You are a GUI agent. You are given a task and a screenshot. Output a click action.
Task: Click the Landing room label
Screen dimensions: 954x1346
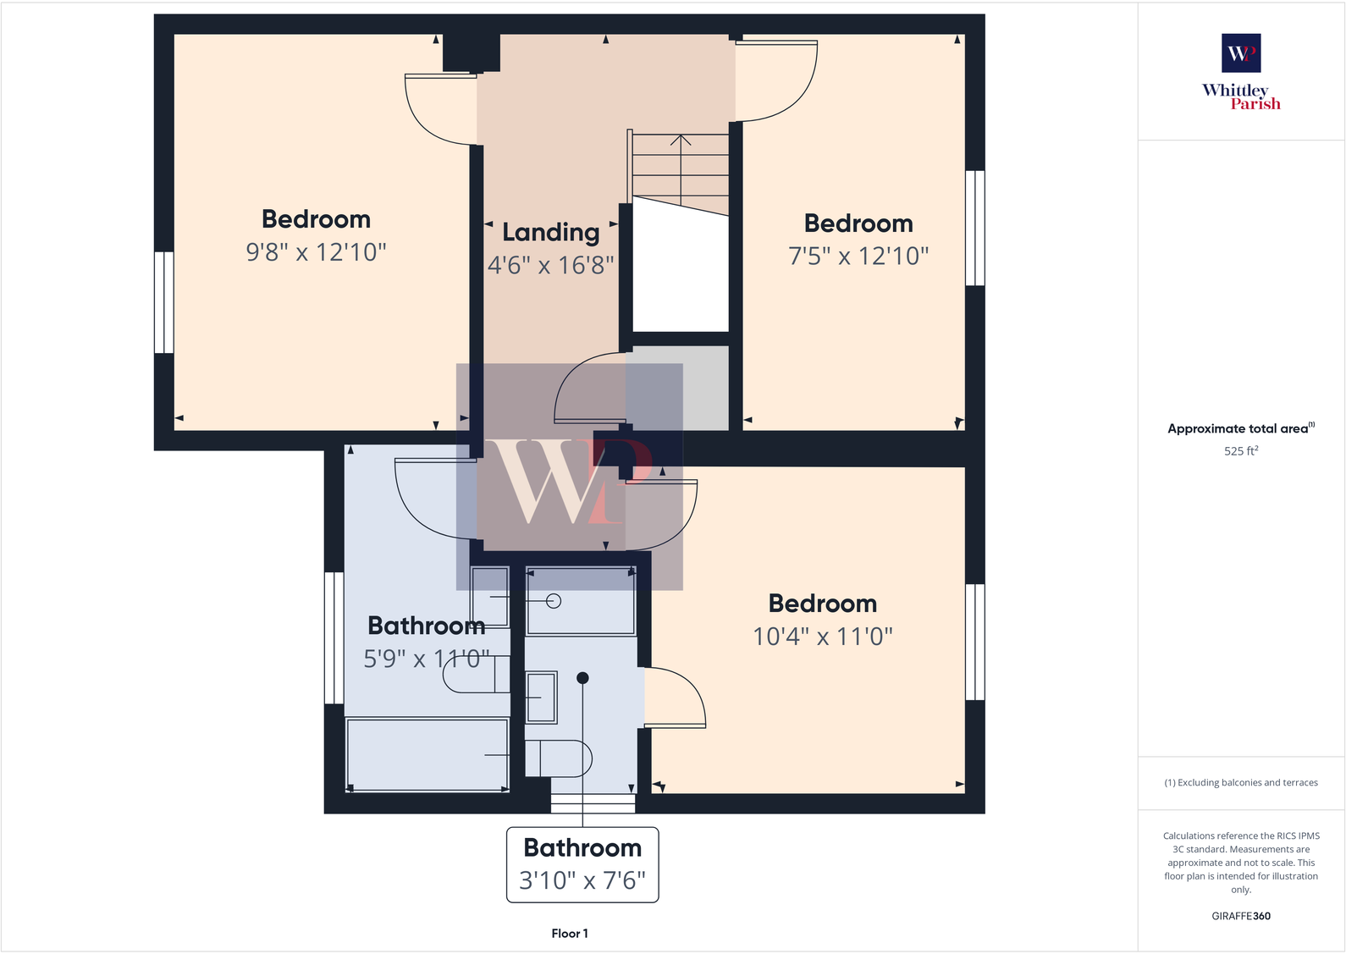point(550,232)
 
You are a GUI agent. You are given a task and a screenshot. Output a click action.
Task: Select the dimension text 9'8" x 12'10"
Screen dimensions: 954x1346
point(316,252)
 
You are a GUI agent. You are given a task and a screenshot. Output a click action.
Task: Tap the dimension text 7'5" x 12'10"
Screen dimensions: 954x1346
point(858,256)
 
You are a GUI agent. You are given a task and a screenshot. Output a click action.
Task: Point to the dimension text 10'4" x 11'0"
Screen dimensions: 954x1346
point(823,637)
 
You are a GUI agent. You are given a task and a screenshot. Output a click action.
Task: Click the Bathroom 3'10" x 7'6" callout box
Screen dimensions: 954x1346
point(582,864)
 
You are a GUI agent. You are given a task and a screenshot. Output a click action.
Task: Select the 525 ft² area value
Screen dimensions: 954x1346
point(1240,451)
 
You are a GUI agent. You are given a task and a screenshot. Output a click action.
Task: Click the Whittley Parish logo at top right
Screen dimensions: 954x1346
point(1241,72)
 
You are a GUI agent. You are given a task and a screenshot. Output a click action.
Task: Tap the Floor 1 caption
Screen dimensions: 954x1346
point(569,933)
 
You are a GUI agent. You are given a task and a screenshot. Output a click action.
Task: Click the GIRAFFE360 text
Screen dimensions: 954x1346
point(1240,916)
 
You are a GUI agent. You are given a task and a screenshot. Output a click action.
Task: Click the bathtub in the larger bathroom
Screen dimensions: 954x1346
point(428,754)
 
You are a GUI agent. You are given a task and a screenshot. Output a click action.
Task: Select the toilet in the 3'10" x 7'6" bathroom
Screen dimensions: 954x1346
point(557,758)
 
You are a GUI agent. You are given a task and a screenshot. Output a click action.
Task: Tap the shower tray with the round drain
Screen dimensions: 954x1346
point(581,601)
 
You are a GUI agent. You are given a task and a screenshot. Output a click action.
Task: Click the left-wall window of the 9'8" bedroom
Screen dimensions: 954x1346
point(164,302)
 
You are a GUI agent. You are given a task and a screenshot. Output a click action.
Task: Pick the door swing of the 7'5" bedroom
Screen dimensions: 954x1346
point(775,80)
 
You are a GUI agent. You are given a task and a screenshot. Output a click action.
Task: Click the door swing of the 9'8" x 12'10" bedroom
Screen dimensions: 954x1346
point(439,110)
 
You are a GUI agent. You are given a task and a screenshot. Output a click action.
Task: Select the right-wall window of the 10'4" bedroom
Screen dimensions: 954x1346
point(975,642)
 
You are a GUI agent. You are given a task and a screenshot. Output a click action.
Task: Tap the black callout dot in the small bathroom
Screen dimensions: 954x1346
point(582,678)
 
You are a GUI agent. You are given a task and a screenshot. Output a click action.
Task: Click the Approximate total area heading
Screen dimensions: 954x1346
point(1240,428)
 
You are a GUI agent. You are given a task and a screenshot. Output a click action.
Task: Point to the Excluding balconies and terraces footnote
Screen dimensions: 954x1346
point(1240,782)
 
